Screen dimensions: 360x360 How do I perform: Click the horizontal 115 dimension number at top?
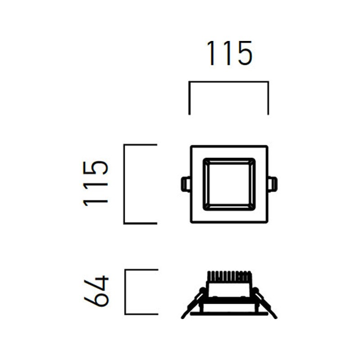click(229, 54)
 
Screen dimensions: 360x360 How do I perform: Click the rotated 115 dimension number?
click(96, 183)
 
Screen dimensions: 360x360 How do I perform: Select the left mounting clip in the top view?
click(184, 184)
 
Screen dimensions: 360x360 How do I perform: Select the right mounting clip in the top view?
click(272, 184)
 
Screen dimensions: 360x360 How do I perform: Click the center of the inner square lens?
click(229, 184)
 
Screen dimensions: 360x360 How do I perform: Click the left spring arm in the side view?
click(193, 303)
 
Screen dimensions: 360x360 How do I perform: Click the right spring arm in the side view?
click(265, 303)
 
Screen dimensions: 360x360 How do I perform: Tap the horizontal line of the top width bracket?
click(229, 82)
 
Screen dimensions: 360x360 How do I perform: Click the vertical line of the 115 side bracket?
click(124, 184)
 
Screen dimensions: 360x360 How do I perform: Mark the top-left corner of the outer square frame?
click(191, 146)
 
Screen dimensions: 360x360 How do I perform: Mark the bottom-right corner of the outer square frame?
click(267, 222)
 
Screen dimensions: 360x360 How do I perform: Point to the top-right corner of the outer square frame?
click(267, 146)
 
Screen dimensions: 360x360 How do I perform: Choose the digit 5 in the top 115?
click(243, 54)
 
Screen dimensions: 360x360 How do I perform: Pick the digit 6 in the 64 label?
click(96, 298)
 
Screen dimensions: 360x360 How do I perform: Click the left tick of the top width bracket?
click(189, 98)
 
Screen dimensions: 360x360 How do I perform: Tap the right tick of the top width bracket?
click(268, 98)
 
